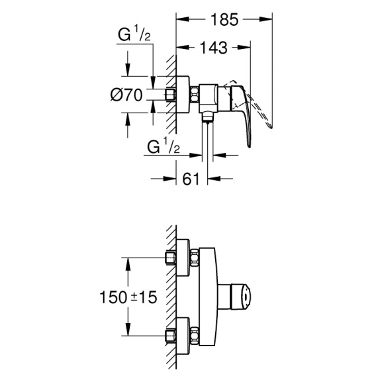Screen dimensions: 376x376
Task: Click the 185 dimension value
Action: coord(224,19)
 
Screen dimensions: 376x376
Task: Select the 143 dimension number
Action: coord(214,48)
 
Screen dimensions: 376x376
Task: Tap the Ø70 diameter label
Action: coord(126,95)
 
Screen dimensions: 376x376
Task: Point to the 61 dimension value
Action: coord(191,179)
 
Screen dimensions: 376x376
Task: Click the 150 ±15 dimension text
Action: coord(128,297)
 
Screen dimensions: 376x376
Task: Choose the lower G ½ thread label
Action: coord(164,146)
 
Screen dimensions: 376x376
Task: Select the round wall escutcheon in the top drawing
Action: coord(183,94)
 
